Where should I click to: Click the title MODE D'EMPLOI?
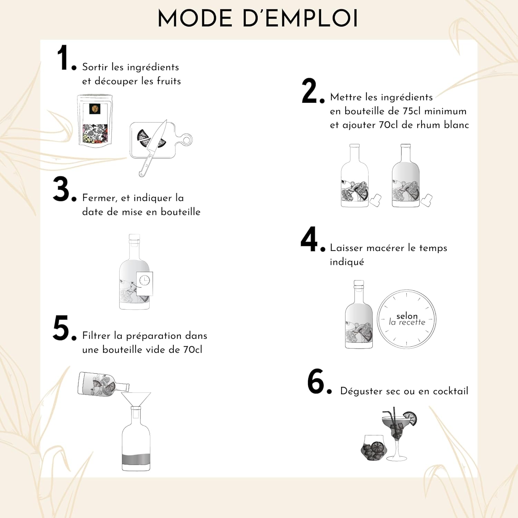tap(258, 19)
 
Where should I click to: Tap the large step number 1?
tap(64, 58)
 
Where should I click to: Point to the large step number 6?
tap(316, 381)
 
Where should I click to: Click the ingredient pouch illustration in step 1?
tap(95, 121)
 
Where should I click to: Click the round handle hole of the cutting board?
tap(186, 140)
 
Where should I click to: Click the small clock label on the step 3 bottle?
tap(145, 284)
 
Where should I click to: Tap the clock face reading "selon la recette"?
tap(406, 319)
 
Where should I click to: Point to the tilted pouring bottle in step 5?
tap(103, 384)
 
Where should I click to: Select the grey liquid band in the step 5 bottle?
tap(136, 459)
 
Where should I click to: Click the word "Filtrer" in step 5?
tap(96, 336)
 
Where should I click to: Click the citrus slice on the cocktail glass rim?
tap(410, 419)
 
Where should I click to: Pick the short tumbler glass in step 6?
tap(374, 448)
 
